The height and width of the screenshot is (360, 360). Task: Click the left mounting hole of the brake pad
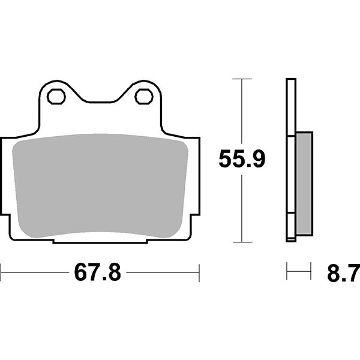click(x=56, y=95)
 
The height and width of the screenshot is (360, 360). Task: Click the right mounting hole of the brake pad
click(x=144, y=95)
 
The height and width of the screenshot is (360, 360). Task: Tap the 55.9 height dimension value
click(x=241, y=160)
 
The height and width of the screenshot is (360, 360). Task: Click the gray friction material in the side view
click(x=304, y=184)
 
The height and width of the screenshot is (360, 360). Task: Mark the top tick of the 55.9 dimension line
click(x=241, y=79)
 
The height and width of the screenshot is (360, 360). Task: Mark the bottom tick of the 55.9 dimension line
click(x=241, y=242)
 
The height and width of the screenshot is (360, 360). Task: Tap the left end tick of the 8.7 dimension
click(x=287, y=271)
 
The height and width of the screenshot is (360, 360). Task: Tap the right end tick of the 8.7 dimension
click(x=311, y=271)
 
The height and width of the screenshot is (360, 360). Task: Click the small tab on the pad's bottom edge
click(x=100, y=241)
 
